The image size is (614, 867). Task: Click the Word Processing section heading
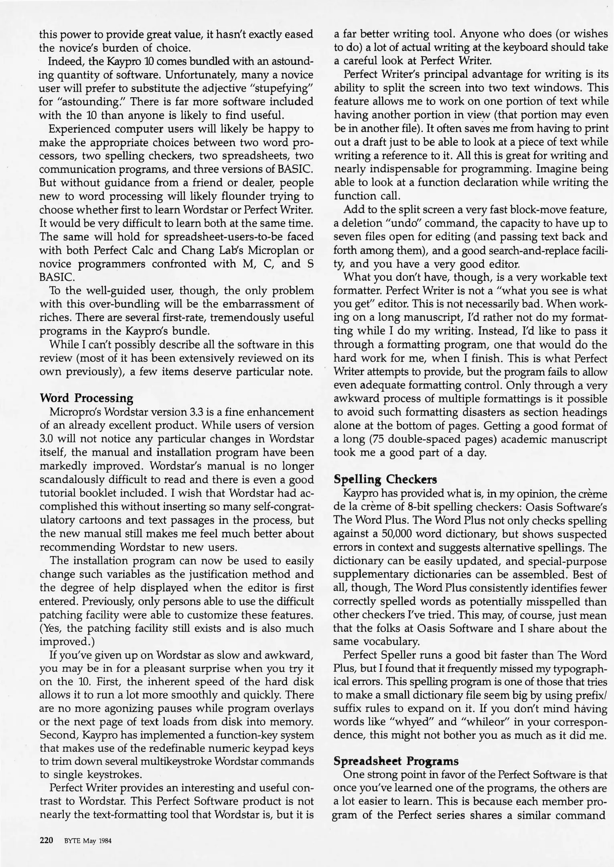tap(86, 398)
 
